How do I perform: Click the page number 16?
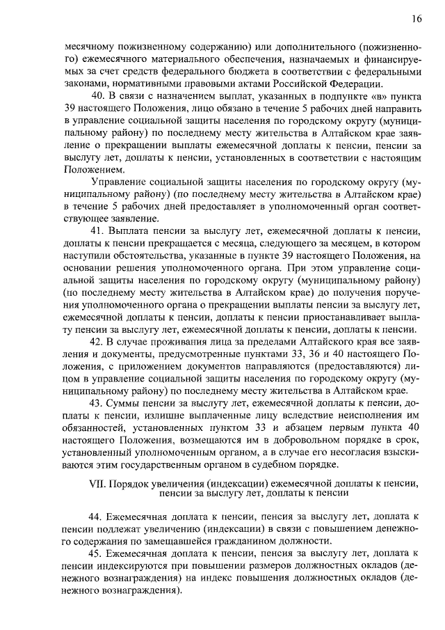coord(416,19)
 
